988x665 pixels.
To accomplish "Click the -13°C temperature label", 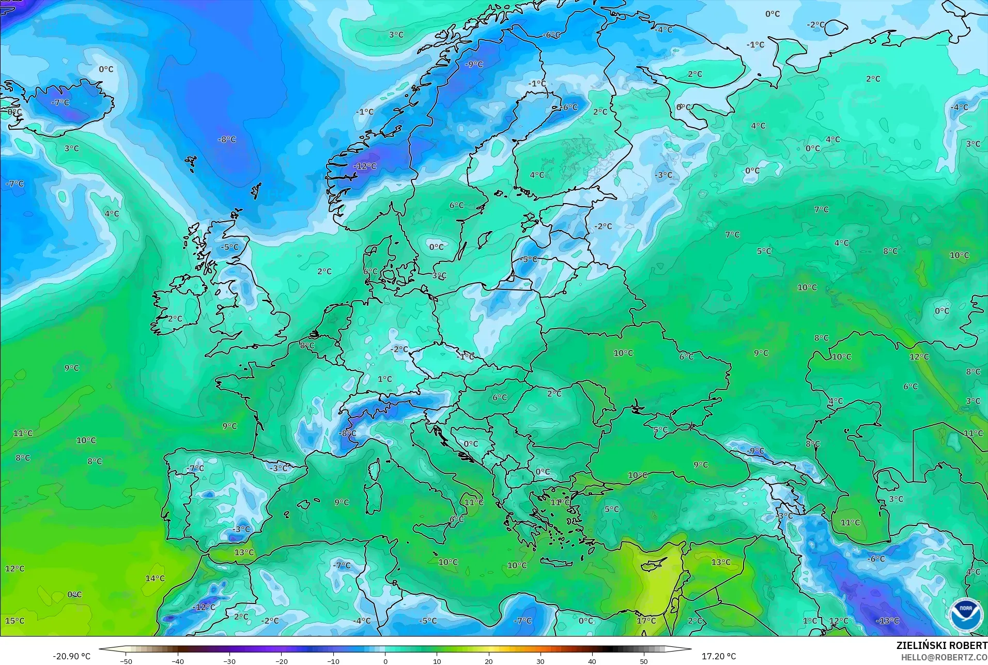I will click(x=888, y=621).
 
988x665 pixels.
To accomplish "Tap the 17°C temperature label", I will click(x=646, y=621).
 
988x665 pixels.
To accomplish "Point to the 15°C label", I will click(x=14, y=621).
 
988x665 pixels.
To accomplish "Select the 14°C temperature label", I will click(x=155, y=578).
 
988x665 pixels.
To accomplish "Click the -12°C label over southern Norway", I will click(x=365, y=166).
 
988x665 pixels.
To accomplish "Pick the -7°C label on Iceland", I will click(x=60, y=102).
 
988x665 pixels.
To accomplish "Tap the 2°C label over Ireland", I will click(x=175, y=319).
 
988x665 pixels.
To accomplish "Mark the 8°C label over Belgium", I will click(x=307, y=346).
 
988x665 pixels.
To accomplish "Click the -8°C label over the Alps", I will click(x=347, y=433).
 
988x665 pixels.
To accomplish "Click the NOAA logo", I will click(x=965, y=614).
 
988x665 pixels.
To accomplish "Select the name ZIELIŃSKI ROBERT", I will click(x=941, y=646).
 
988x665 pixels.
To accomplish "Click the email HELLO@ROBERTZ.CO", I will click(x=944, y=657).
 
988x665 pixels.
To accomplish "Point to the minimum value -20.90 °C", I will click(x=71, y=656).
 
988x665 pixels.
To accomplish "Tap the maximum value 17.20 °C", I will click(x=718, y=656).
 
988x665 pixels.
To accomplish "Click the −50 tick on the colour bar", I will click(x=126, y=661).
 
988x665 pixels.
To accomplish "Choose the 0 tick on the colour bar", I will click(x=385, y=661).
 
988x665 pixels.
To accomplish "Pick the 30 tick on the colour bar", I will click(x=541, y=661).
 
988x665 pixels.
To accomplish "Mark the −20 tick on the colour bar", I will click(x=281, y=661).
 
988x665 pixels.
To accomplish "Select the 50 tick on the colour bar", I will click(x=644, y=661).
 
